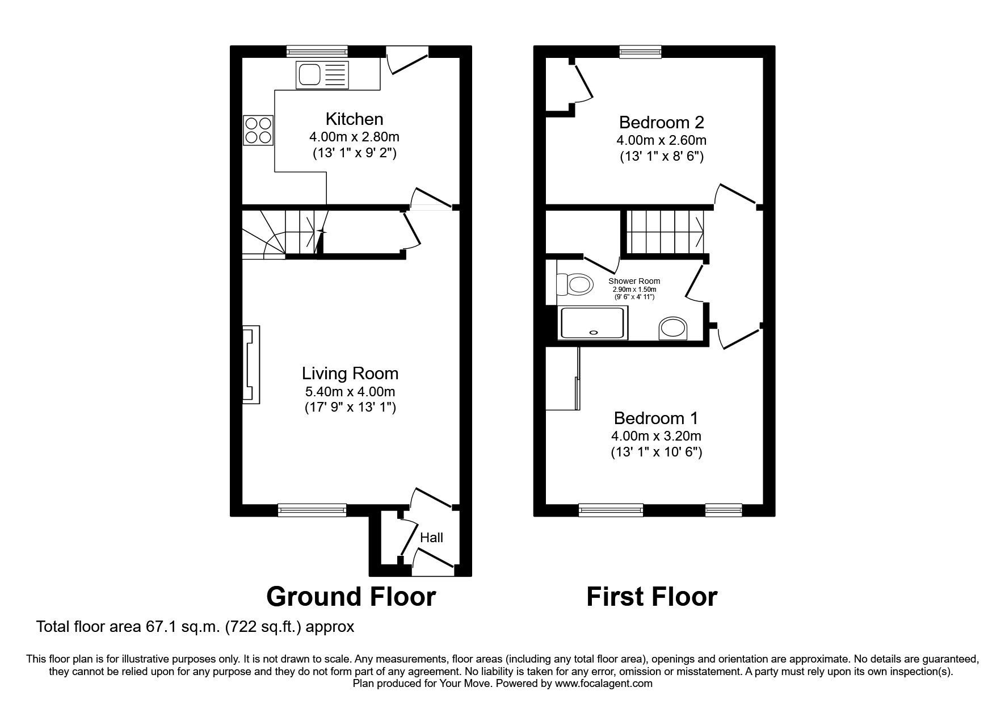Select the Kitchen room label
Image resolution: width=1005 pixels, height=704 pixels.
coord(354,119)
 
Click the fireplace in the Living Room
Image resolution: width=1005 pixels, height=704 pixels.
coord(251,364)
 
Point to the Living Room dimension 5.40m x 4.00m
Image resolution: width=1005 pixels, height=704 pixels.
coord(350,391)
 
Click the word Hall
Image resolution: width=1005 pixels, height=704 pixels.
coord(431,538)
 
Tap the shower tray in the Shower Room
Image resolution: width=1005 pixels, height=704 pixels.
coord(594,322)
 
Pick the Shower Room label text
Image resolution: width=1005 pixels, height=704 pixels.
coord(634,281)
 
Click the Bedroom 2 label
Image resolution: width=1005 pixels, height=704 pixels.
coord(661,122)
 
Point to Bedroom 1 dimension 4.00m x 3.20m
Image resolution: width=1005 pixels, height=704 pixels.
coord(656,436)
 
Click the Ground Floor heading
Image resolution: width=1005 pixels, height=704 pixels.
coord(351,597)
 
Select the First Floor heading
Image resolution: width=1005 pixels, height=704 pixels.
coord(651,597)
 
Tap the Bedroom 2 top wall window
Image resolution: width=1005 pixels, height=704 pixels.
coord(640,52)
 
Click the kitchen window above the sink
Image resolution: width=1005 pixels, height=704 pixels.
coord(317,52)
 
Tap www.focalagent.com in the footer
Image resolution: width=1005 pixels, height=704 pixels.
coord(604,684)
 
